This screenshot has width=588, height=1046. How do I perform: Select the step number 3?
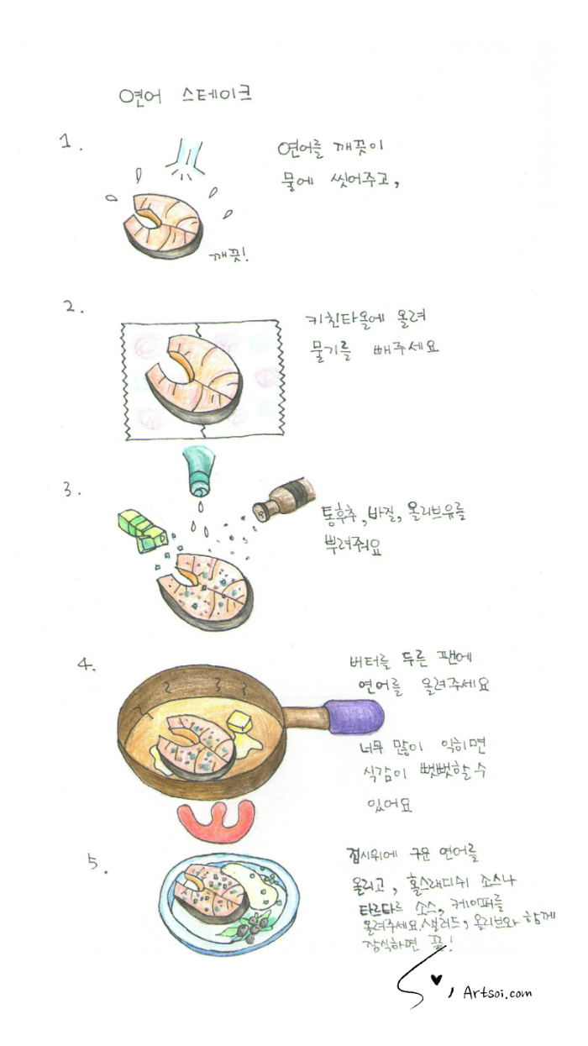71,489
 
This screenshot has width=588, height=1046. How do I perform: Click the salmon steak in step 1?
165,224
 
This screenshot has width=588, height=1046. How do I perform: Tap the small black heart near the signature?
435,980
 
